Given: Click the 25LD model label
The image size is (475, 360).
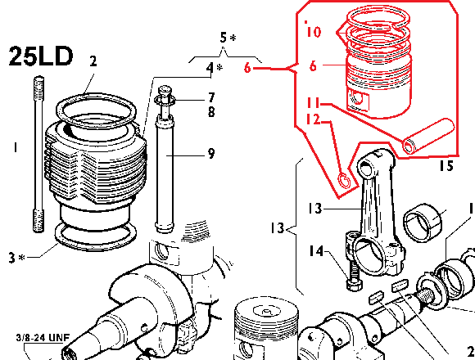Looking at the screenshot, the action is click(x=41, y=56).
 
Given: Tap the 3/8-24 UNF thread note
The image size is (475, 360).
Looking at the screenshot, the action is click(x=43, y=338).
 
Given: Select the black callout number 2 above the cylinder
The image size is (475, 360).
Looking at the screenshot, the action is click(x=93, y=61).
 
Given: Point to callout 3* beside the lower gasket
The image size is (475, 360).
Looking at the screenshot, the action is click(x=17, y=258).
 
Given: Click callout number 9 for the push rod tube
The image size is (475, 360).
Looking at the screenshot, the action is click(x=211, y=154).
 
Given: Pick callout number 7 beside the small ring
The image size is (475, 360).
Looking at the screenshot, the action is click(x=211, y=97).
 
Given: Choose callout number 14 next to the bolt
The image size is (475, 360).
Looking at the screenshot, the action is click(x=316, y=251).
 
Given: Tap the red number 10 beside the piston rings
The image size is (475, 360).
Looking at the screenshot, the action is click(x=313, y=31).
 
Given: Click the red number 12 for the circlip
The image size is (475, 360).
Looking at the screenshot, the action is click(x=313, y=119).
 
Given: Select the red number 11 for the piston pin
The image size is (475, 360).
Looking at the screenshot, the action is click(x=313, y=103).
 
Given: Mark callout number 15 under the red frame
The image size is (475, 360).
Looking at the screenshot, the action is click(x=446, y=166).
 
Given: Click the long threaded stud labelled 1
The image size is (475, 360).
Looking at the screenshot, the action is click(x=38, y=155).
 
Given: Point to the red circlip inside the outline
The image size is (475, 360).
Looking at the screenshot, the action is click(x=344, y=181).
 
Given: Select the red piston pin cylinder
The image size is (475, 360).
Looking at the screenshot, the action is click(x=428, y=136).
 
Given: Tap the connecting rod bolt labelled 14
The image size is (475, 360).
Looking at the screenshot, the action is click(x=353, y=276).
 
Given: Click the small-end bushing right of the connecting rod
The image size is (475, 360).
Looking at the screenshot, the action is click(x=423, y=223).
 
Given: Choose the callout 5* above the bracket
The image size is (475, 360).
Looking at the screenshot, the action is click(x=228, y=38).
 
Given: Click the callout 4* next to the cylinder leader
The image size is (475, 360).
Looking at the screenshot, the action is click(x=215, y=68).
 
